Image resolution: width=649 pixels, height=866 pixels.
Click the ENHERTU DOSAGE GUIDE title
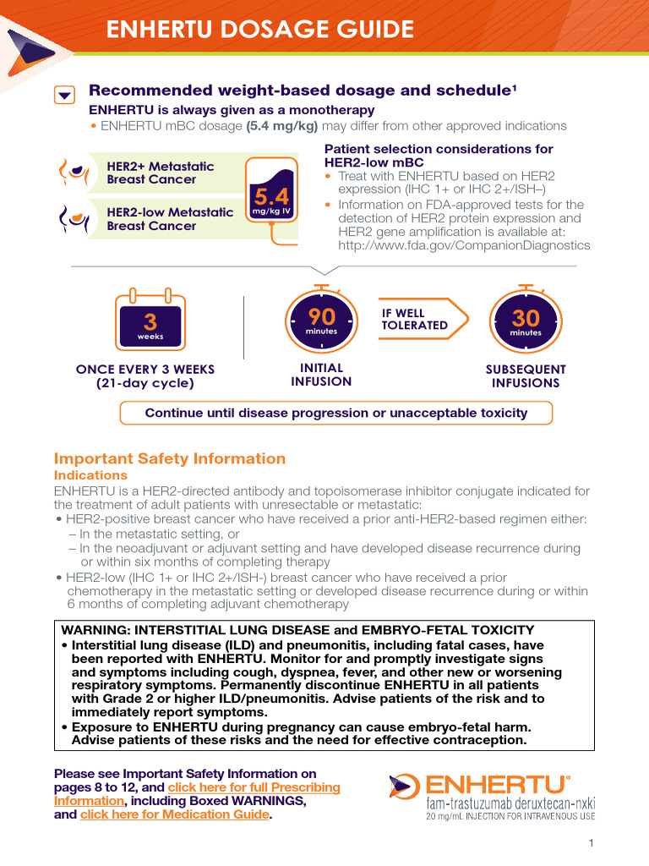[x=259, y=30]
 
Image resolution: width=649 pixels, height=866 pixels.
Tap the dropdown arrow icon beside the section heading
[x=64, y=95]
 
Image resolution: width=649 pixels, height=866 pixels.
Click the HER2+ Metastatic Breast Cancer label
[x=161, y=173]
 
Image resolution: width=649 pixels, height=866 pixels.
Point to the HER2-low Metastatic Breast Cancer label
[x=170, y=219]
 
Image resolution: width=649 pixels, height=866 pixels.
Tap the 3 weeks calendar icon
[x=150, y=321]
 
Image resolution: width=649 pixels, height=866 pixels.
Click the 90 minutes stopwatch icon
[x=321, y=320]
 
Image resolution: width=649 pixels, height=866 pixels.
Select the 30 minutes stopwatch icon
[x=525, y=321]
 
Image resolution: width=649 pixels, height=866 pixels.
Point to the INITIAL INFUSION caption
[x=321, y=375]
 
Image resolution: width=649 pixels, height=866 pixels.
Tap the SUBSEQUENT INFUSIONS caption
[x=526, y=376]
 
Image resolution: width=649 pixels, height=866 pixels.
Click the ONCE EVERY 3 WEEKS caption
[x=145, y=375]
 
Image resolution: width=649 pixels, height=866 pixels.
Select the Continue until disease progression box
[x=336, y=413]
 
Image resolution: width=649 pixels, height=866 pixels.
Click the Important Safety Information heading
[x=170, y=458]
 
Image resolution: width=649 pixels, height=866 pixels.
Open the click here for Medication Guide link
[x=173, y=814]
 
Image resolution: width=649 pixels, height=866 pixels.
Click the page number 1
[x=592, y=843]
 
